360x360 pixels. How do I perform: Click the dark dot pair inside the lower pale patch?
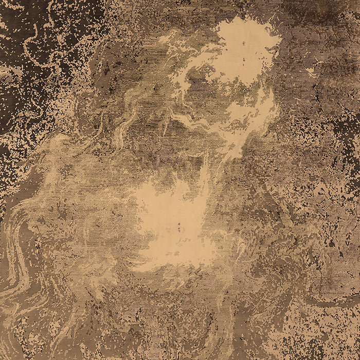click(x=180, y=225)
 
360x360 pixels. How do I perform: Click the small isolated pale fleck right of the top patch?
click(x=311, y=72)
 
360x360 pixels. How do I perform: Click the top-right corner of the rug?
click(x=359, y=1)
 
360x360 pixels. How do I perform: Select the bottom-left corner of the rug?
click(x=1, y=359)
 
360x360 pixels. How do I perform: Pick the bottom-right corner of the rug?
click(x=359, y=359)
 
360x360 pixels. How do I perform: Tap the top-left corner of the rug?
click(x=1, y=1)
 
